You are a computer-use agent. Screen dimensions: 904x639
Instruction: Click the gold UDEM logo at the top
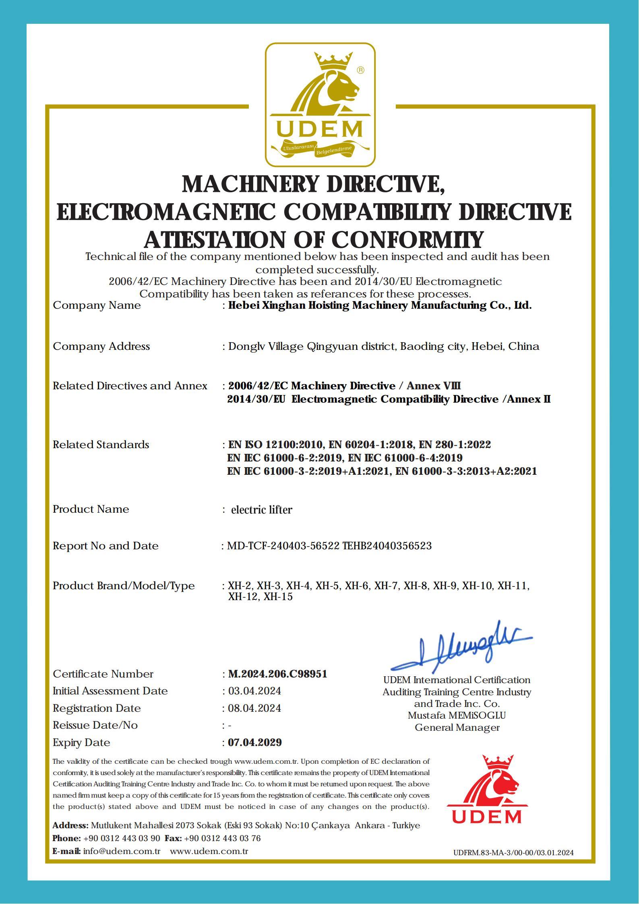320,105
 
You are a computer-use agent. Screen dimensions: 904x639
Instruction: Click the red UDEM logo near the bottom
486,790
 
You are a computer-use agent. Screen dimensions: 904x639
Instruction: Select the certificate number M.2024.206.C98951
277,674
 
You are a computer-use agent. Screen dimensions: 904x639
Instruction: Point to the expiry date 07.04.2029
254,742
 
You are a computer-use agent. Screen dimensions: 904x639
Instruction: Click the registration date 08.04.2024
254,708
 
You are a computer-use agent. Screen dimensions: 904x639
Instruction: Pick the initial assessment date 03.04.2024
254,691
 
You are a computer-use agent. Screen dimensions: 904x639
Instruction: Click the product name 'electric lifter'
261,510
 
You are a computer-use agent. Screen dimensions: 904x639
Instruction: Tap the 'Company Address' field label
101,346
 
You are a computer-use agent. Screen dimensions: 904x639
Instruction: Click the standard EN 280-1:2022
455,445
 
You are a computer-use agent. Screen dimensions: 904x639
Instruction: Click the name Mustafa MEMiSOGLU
457,715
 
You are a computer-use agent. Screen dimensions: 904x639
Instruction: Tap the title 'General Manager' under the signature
457,727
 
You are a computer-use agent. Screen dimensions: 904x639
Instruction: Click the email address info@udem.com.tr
122,851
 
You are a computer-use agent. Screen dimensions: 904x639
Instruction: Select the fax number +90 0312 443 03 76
222,838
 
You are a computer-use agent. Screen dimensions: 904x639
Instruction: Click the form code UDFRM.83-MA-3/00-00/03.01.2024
513,852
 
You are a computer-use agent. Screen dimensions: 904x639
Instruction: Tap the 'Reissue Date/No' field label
95,725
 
